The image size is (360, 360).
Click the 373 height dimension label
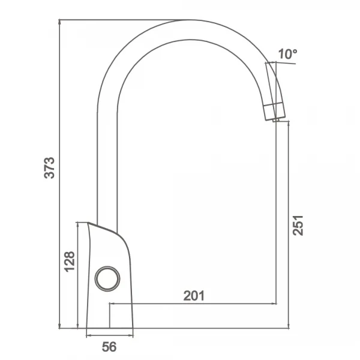pyautogui.click(x=49, y=168)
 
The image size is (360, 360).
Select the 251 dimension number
pyautogui.click(x=298, y=226)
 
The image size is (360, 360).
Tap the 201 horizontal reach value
pyautogui.click(x=194, y=296)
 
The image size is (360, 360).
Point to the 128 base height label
pyautogui.click(x=70, y=262)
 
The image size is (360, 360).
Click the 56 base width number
pyautogui.click(x=109, y=347)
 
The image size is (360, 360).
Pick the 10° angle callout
pyautogui.click(x=287, y=54)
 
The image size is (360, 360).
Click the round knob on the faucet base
pyautogui.click(x=107, y=279)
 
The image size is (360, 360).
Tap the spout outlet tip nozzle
pyautogui.click(x=276, y=120)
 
